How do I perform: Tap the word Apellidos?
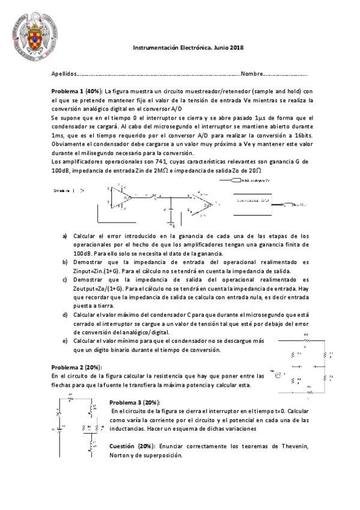(x=64, y=74)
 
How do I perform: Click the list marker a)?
(x=65, y=236)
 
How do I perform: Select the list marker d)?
(x=65, y=314)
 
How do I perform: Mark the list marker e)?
(x=65, y=340)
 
